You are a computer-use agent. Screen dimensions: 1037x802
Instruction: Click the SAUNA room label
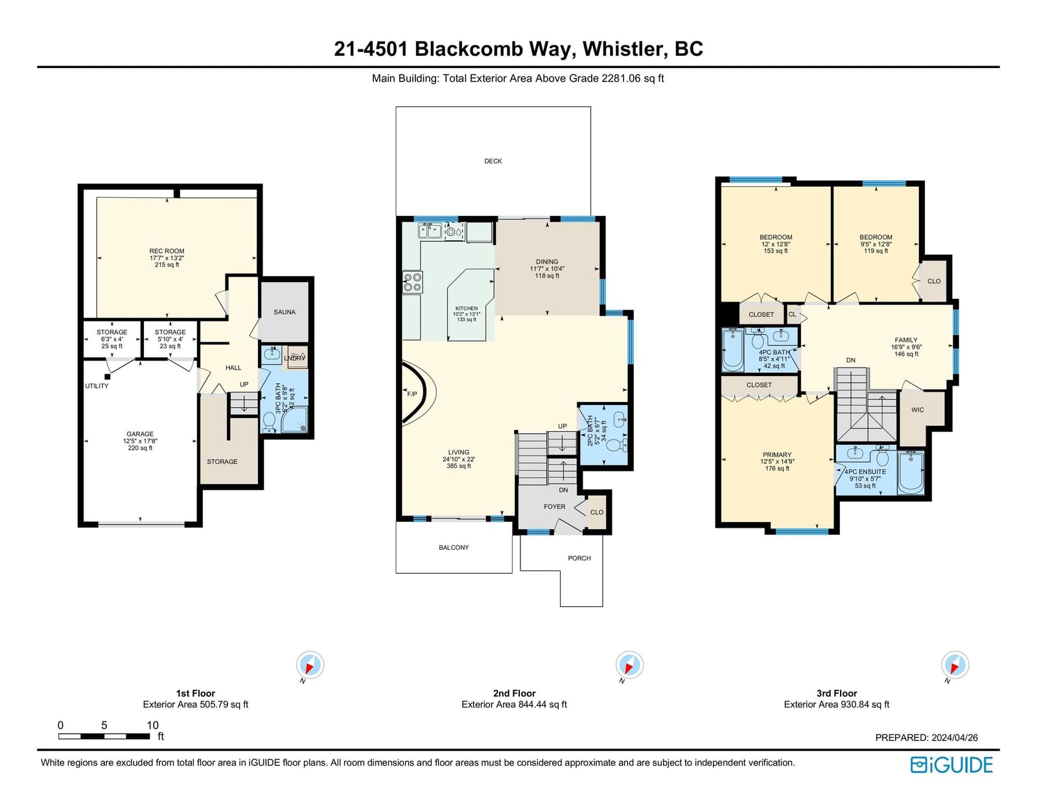(x=285, y=313)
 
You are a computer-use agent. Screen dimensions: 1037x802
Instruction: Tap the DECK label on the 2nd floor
(x=493, y=161)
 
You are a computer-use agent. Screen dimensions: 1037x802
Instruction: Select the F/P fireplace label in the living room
(x=412, y=394)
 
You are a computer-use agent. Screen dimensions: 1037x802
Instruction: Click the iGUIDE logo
(x=951, y=765)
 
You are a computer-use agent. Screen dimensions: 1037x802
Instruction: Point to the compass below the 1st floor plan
(x=310, y=665)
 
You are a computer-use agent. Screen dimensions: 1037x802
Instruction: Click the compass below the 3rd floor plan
(x=955, y=665)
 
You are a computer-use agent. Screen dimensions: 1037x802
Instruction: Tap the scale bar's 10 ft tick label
(x=152, y=725)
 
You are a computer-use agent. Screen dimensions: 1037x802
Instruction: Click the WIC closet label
(x=917, y=410)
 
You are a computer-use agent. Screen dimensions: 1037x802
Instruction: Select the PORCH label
(x=579, y=558)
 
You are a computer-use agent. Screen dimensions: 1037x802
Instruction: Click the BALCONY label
(x=454, y=548)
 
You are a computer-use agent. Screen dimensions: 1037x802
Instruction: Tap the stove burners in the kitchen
(x=412, y=281)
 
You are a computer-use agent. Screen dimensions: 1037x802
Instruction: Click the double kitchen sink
(x=430, y=231)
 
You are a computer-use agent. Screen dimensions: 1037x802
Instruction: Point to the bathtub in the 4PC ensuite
(x=911, y=473)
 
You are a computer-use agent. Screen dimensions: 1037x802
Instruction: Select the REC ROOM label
(x=167, y=251)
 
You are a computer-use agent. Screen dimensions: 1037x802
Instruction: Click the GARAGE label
(x=140, y=434)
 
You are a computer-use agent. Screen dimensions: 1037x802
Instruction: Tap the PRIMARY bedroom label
(x=777, y=455)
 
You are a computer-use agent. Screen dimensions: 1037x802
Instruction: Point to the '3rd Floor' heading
(x=837, y=693)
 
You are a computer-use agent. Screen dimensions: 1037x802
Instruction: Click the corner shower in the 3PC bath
(x=294, y=419)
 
